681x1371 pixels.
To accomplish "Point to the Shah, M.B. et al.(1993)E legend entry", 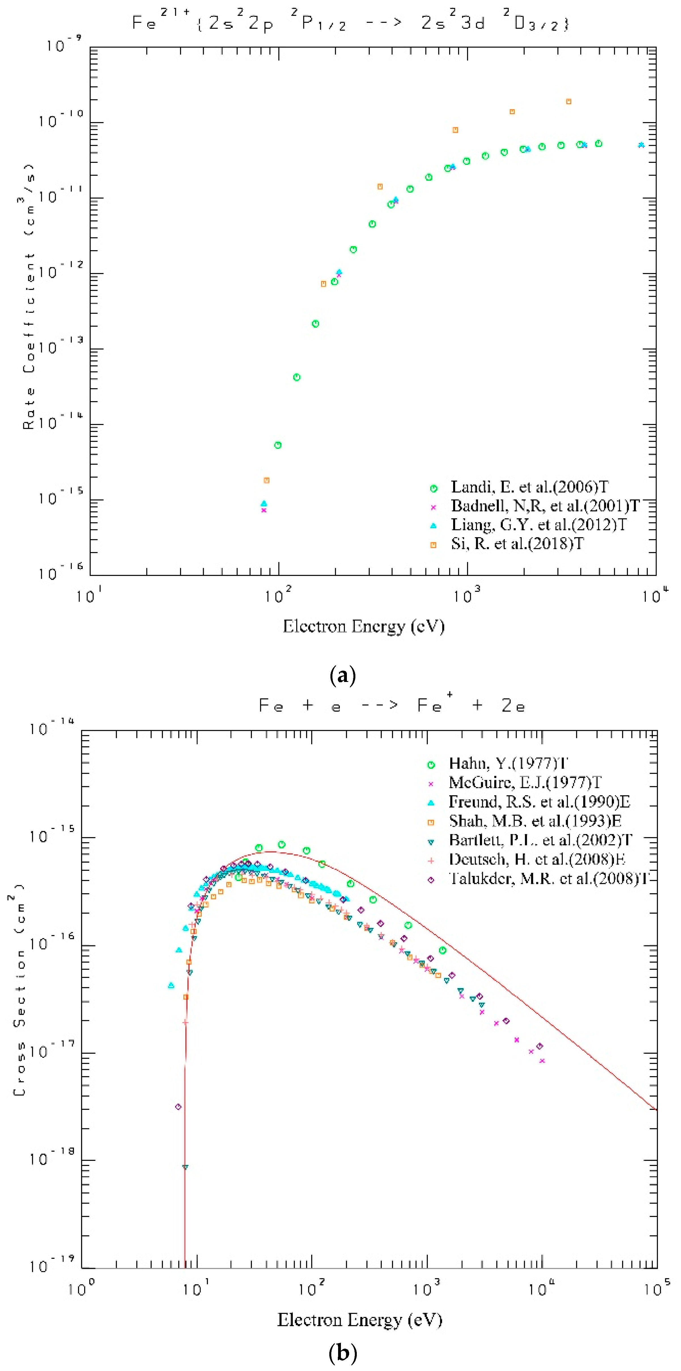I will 535,821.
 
